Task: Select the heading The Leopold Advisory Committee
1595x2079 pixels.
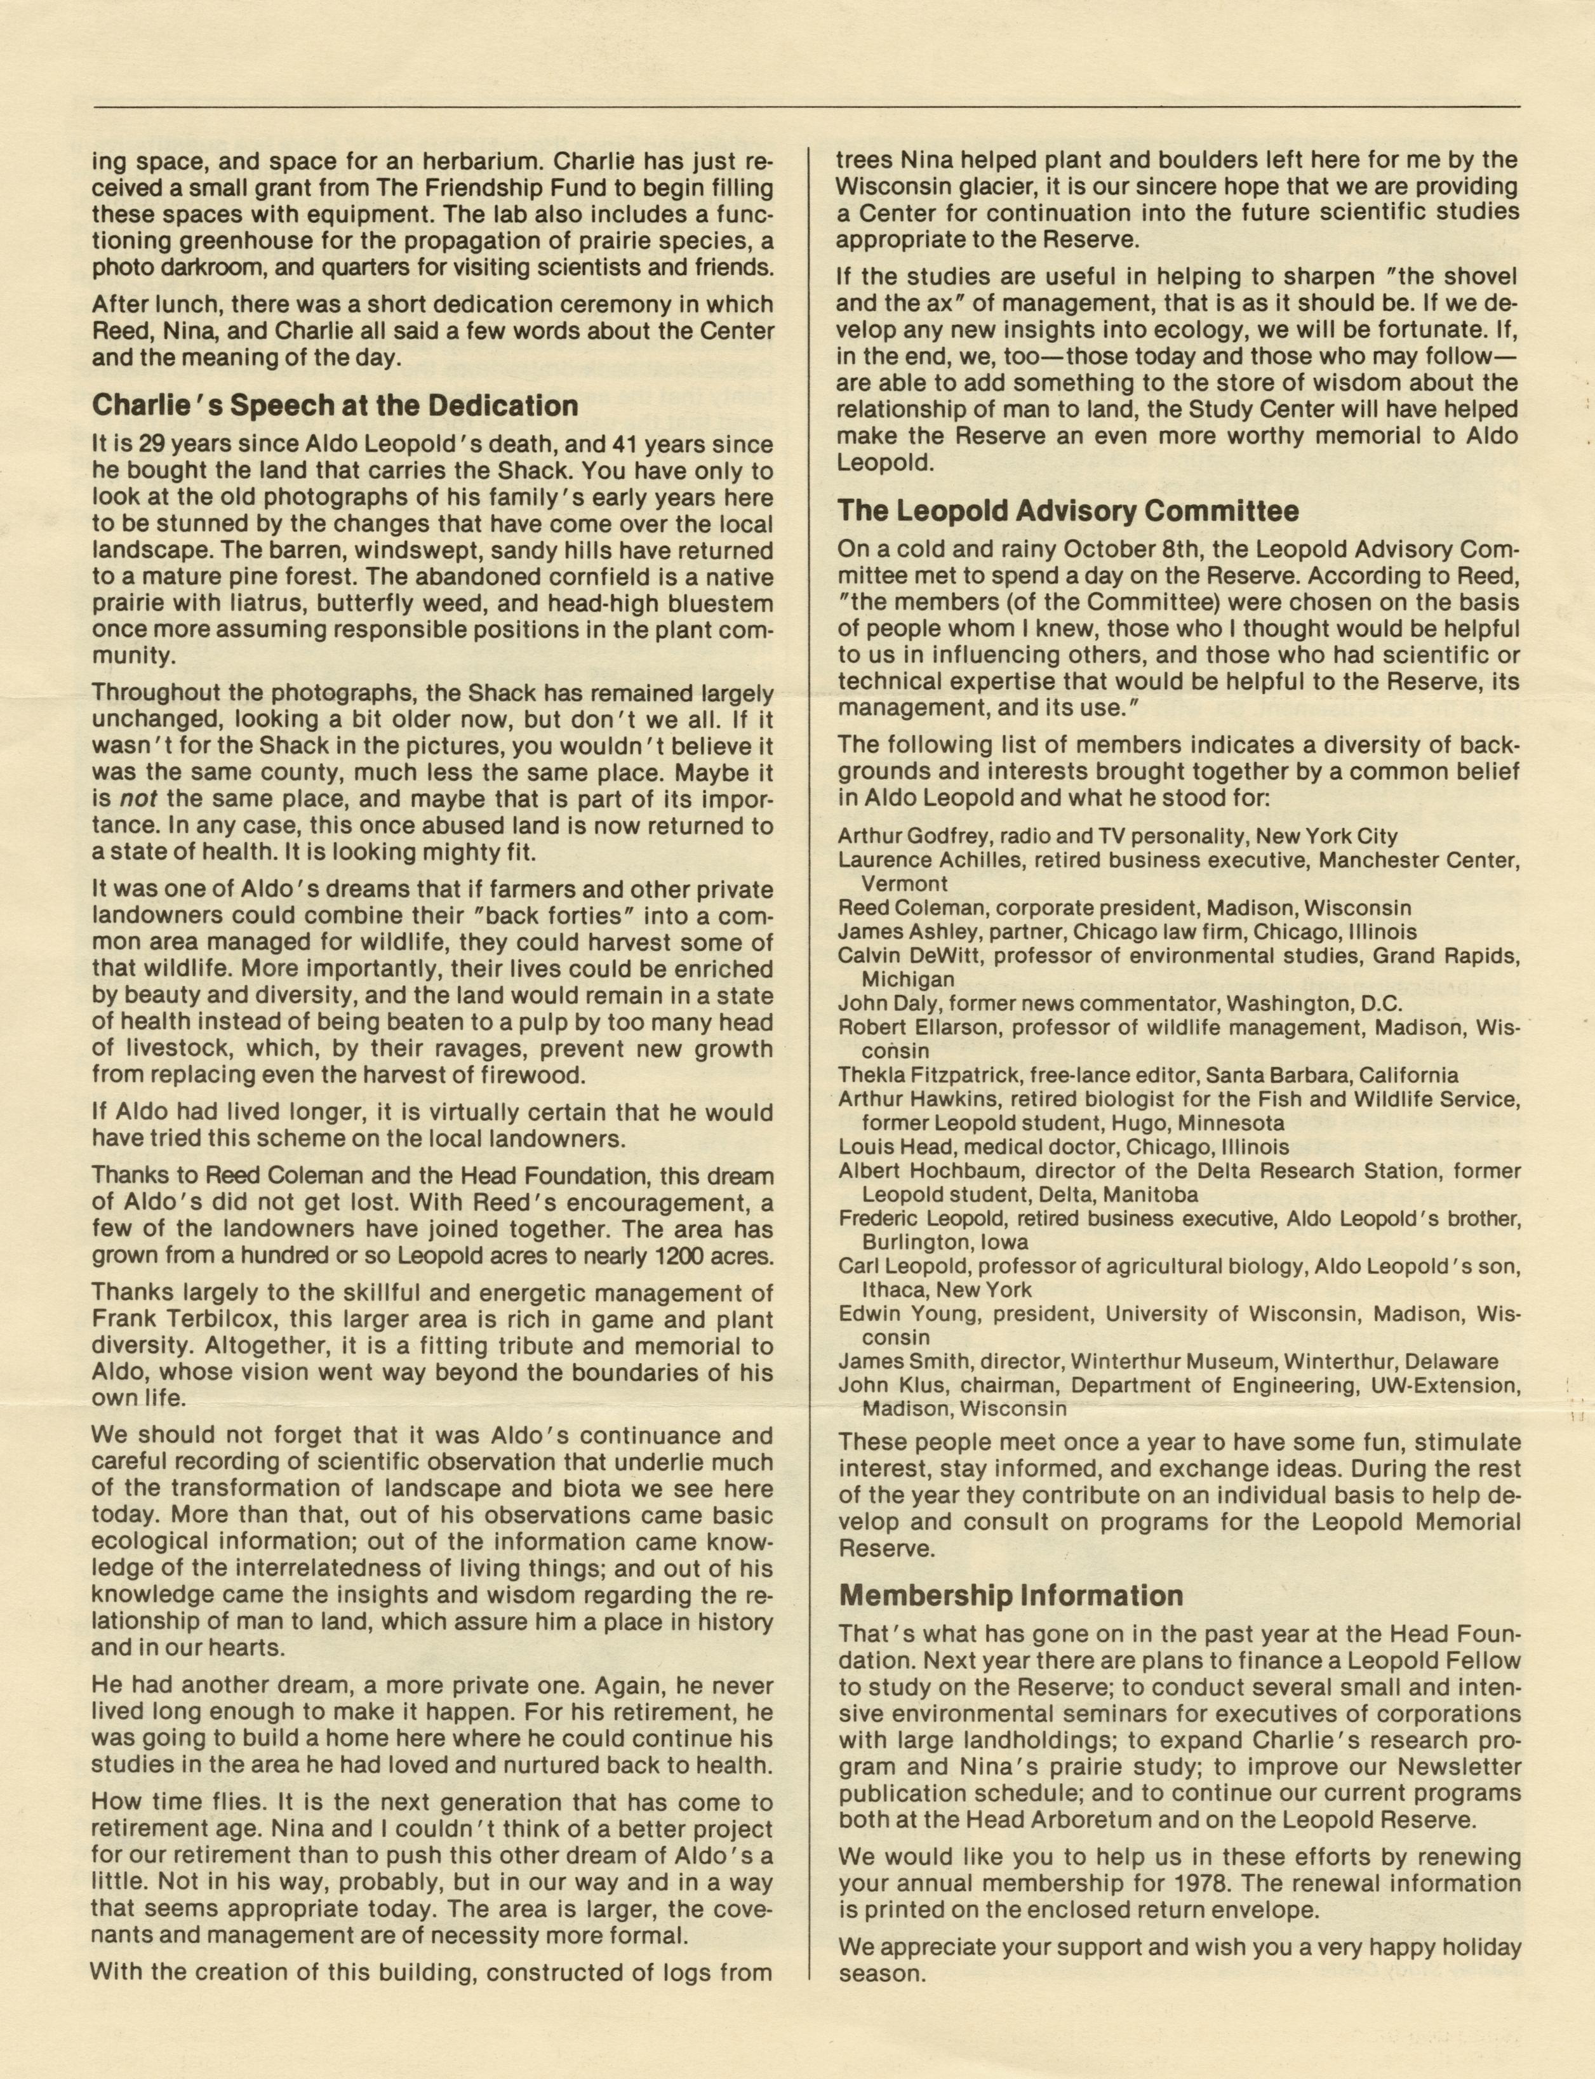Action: [x=1068, y=512]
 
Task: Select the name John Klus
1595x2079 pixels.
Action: [x=878, y=1385]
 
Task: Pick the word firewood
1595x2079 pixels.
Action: [x=558, y=1076]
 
